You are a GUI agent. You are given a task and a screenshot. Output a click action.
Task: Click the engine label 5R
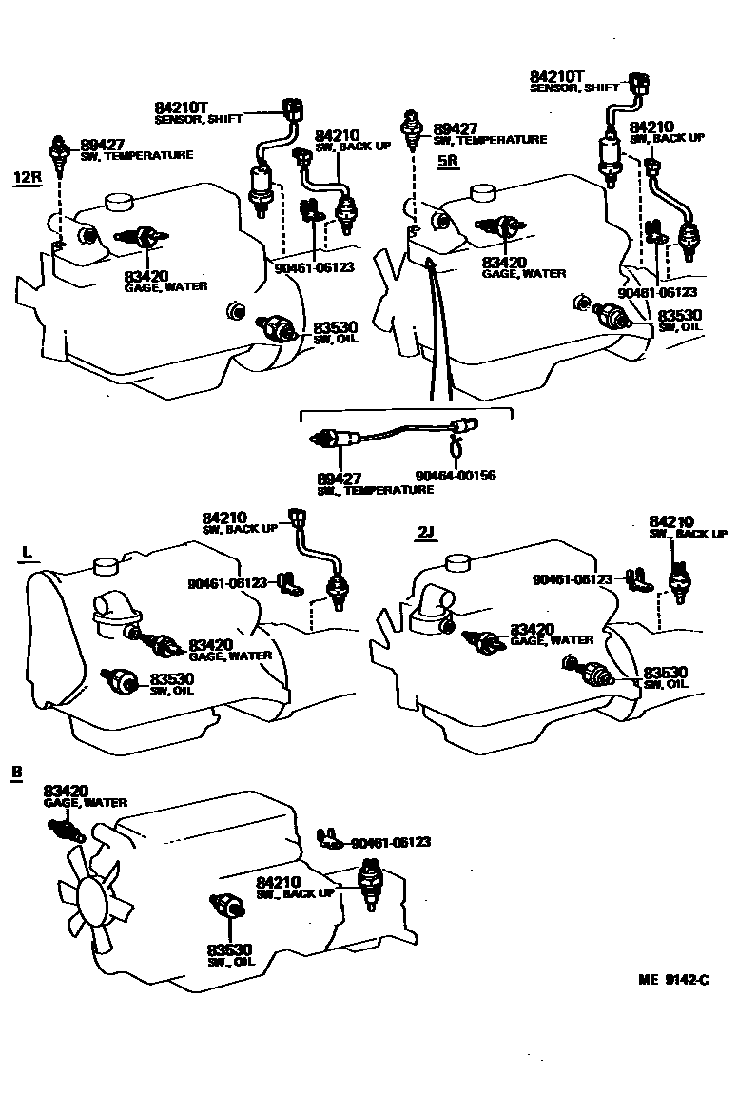point(448,160)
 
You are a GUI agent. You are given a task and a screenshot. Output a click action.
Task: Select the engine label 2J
point(425,532)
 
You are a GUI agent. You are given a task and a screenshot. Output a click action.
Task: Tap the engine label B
point(15,772)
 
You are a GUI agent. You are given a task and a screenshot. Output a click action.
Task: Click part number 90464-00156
point(456,475)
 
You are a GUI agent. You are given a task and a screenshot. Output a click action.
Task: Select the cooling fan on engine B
point(92,898)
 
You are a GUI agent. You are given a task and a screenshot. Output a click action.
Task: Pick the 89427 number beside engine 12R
point(103,144)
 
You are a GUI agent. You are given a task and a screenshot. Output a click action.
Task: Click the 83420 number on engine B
point(66,791)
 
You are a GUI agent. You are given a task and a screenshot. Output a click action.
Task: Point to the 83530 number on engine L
point(172,678)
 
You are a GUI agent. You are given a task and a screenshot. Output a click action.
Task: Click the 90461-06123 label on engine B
point(391,842)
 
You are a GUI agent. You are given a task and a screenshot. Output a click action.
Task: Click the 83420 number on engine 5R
point(504,262)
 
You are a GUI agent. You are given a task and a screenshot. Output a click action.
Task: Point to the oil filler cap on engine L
point(104,567)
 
